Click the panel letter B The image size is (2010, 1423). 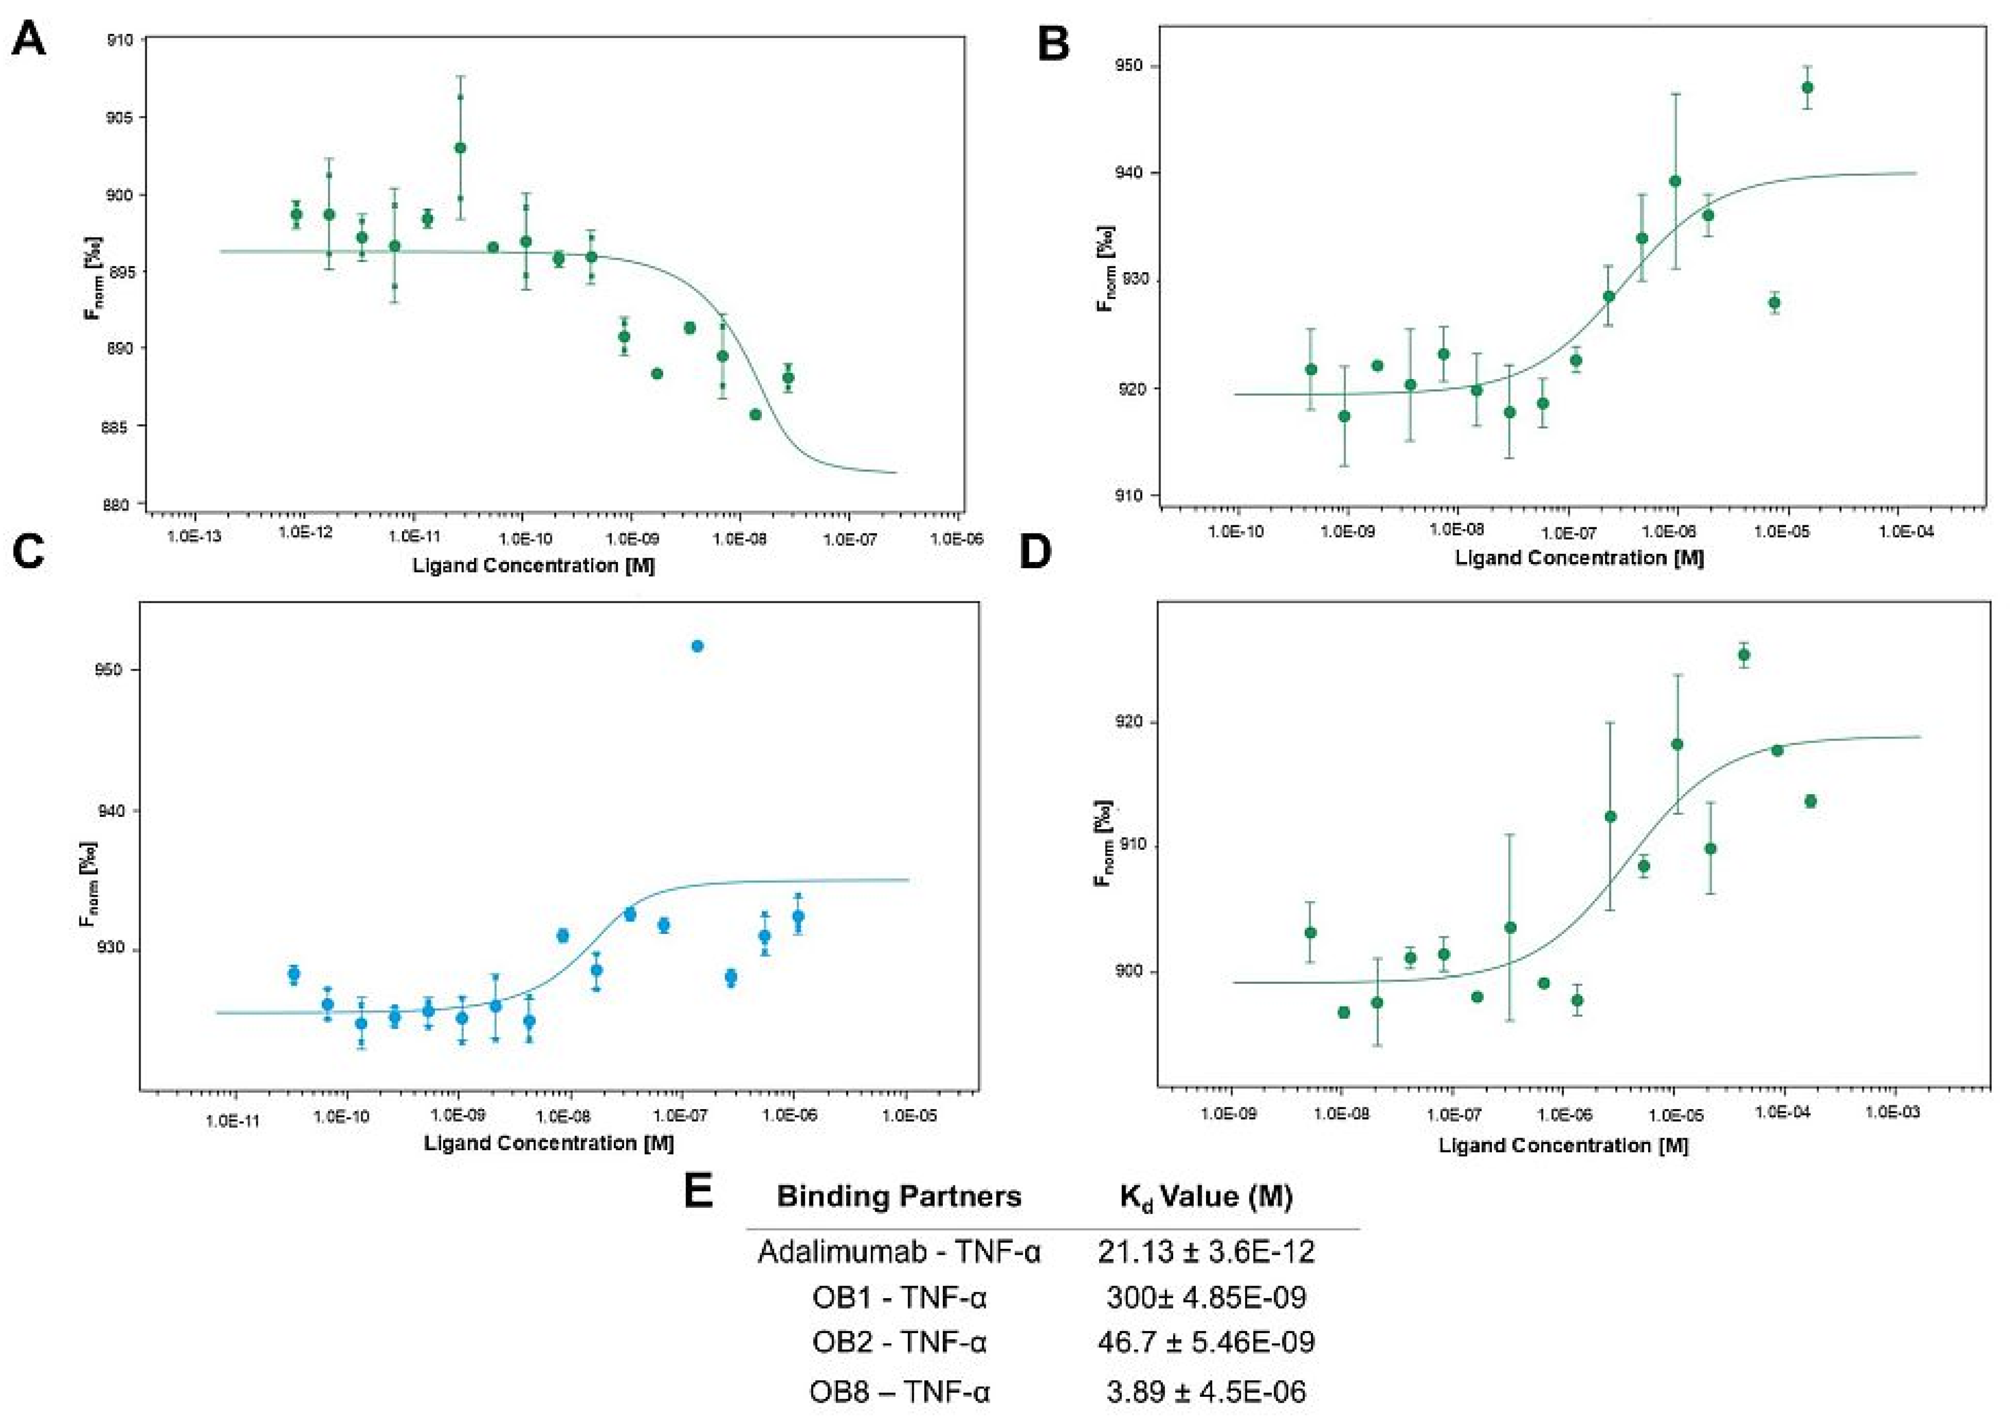tap(1053, 44)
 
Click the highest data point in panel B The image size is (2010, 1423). tap(1807, 88)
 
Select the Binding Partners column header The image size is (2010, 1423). tap(899, 1197)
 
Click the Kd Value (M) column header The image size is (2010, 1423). tap(1206, 1197)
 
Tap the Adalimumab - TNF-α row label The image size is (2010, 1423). tap(899, 1251)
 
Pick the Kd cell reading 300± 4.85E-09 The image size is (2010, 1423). tap(1206, 1297)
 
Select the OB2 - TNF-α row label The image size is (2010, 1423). tap(899, 1342)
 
